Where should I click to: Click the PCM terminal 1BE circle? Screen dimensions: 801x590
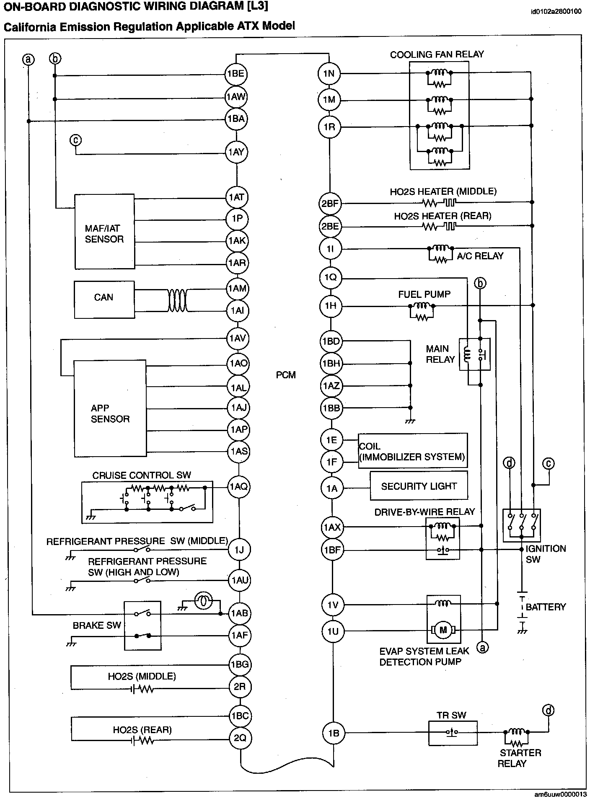coord(236,74)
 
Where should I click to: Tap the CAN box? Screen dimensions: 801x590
coord(104,297)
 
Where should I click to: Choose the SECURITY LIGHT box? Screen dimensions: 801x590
coord(419,486)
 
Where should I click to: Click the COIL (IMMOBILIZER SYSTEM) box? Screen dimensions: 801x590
coord(412,451)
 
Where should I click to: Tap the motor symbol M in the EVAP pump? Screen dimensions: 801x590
coord(443,630)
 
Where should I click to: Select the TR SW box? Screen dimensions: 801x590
coord(453,733)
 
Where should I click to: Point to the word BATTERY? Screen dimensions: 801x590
coord(546,607)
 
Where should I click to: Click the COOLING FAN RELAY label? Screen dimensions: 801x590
coord(437,54)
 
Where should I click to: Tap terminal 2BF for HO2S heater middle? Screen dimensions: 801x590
coord(330,204)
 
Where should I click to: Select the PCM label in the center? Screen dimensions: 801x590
coord(286,375)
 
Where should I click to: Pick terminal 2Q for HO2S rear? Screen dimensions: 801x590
coord(240,738)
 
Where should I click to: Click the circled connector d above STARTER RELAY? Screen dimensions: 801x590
coord(548,710)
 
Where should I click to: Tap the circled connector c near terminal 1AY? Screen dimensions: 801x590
coord(76,140)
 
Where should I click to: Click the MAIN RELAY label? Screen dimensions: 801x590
coord(440,354)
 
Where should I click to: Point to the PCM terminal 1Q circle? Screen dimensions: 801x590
coord(330,277)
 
